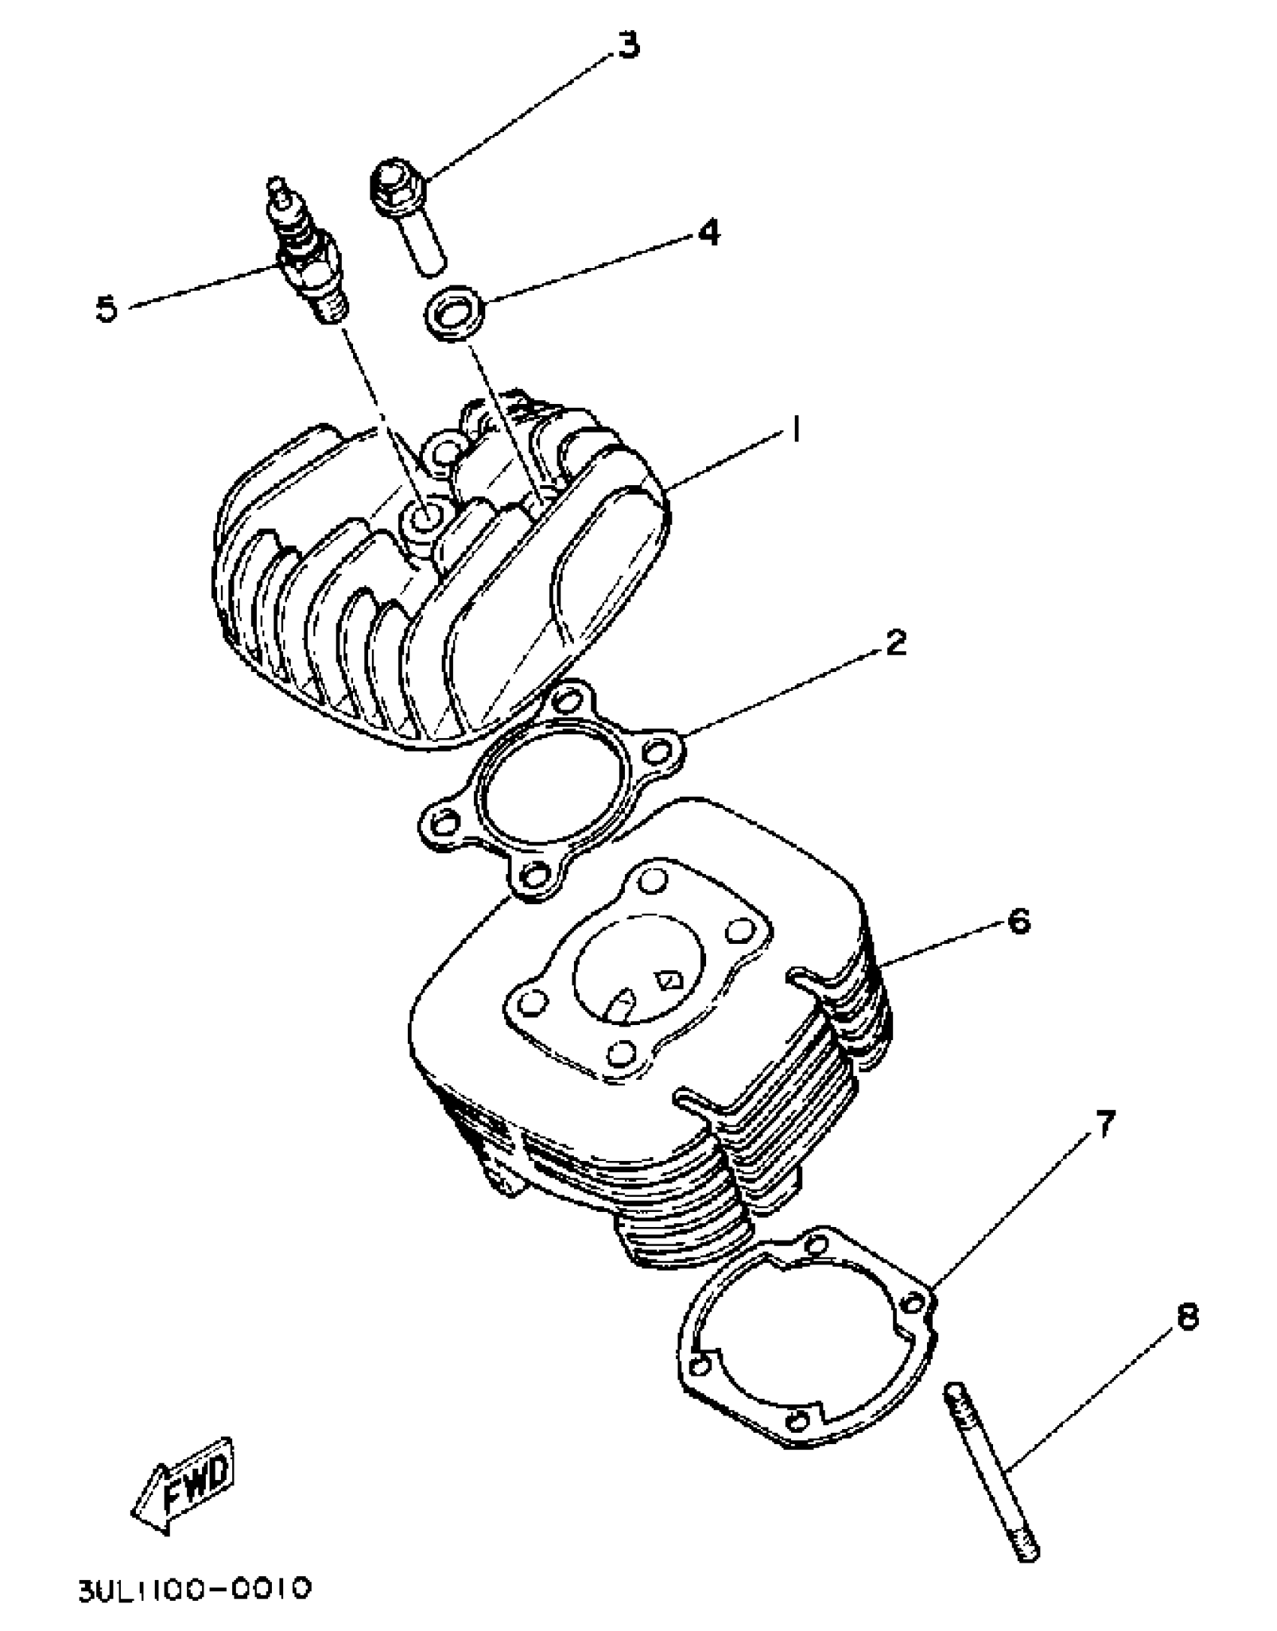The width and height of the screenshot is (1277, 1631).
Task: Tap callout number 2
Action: point(895,642)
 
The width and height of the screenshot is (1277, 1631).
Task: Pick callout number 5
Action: point(107,308)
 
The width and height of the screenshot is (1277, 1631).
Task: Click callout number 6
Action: point(1019,921)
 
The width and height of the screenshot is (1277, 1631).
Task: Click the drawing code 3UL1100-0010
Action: point(194,1589)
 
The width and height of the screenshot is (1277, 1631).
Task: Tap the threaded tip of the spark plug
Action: point(331,309)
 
